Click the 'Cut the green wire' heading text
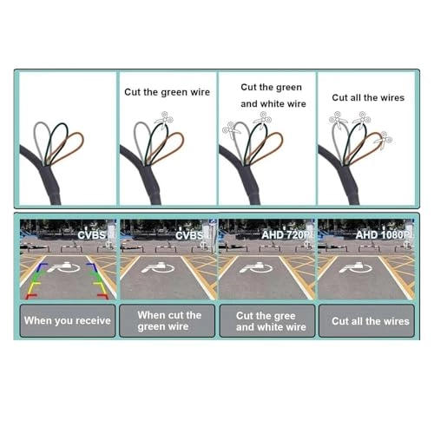(x=167, y=92)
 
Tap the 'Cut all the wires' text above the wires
(x=368, y=97)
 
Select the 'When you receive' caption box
(x=68, y=320)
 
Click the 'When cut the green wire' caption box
(x=168, y=320)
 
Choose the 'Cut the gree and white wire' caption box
(x=267, y=320)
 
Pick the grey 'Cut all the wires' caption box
(x=366, y=320)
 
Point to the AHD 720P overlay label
(x=286, y=235)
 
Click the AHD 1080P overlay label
(x=384, y=235)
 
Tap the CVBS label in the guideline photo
(x=91, y=235)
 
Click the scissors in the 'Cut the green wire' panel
(x=164, y=119)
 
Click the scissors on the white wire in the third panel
(x=231, y=130)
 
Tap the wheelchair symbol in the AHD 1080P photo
(x=355, y=267)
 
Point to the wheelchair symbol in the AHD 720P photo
(x=256, y=267)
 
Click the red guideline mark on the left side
(x=31, y=296)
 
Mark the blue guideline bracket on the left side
(x=43, y=267)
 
